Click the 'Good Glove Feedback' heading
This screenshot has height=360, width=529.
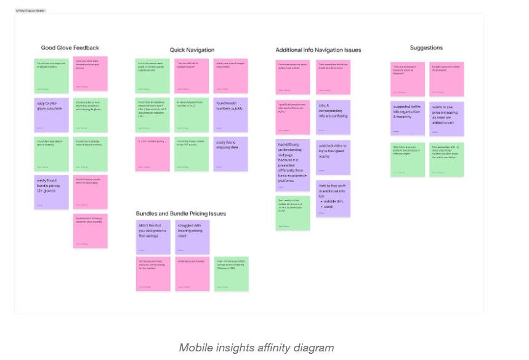pyautogui.click(x=70, y=48)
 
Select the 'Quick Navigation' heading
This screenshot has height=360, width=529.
pyautogui.click(x=192, y=50)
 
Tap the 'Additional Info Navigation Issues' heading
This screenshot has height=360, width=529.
pyautogui.click(x=318, y=50)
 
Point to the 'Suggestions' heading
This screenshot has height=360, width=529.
pyautogui.click(x=426, y=47)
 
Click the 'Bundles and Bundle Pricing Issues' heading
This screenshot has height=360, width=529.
pyautogui.click(x=180, y=214)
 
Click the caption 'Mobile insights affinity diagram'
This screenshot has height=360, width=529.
pyautogui.click(x=256, y=348)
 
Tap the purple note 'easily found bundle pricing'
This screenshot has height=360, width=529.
pyautogui.click(x=51, y=191)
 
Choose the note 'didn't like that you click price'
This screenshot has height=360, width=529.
pyautogui.click(x=153, y=237)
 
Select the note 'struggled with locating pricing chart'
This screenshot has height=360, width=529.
pyautogui.click(x=192, y=237)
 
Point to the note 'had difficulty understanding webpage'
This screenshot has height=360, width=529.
pyautogui.click(x=293, y=164)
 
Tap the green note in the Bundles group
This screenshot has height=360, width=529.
pyautogui.click(x=231, y=273)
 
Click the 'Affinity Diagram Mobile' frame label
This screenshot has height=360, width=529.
pyautogui.click(x=30, y=10)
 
